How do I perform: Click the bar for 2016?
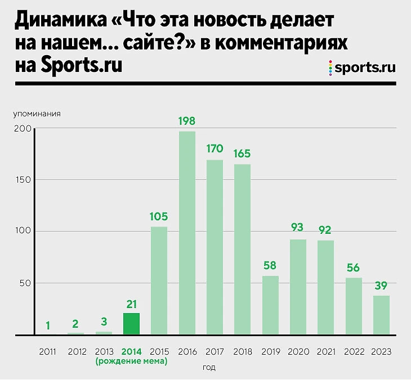187,233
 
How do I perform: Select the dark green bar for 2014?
131,324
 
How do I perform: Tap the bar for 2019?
270,305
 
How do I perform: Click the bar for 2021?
325,287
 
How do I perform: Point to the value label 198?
187,120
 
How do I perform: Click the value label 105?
159,217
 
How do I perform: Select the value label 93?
298,228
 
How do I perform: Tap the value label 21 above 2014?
131,304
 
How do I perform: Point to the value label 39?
381,286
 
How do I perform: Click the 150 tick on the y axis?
23,180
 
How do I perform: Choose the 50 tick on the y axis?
25,283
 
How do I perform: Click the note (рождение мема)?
131,361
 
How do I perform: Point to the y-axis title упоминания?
37,114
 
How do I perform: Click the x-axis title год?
208,368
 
